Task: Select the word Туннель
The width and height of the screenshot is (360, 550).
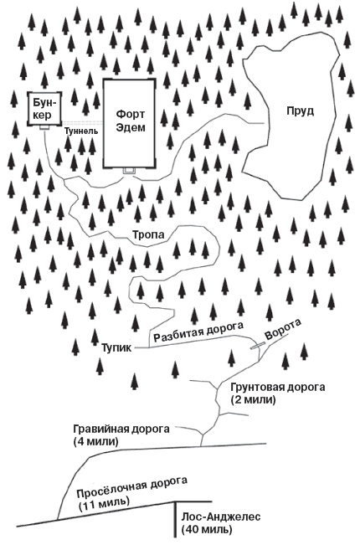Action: [81, 132]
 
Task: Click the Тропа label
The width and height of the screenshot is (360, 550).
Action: [148, 235]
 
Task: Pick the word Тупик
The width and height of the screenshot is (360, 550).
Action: [116, 345]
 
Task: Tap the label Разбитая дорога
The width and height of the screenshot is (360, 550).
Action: [199, 332]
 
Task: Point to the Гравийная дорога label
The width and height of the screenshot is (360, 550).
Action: [121, 428]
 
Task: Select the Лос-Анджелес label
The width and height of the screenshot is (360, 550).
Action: [221, 517]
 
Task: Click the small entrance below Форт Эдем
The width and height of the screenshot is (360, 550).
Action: [128, 171]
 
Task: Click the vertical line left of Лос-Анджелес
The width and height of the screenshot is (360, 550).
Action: [174, 522]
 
